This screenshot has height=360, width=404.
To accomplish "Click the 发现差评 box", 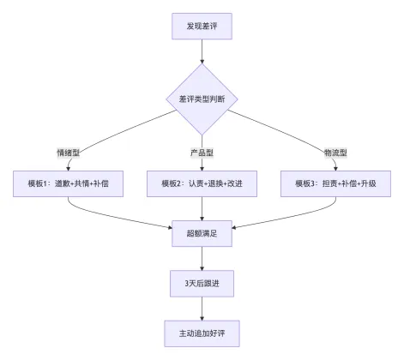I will pos(202,26).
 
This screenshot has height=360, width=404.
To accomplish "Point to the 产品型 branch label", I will pos(202,152).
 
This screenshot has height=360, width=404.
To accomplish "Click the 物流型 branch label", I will pos(336,152).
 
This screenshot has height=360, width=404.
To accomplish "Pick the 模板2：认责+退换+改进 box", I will pos(202,183).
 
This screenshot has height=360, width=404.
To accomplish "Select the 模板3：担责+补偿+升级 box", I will pos(335,183).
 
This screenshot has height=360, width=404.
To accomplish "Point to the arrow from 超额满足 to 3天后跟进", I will pos(202,255).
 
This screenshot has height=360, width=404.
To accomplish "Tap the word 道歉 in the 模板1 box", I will pos(62,183).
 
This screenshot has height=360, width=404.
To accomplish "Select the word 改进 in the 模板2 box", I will pos(243,183).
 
